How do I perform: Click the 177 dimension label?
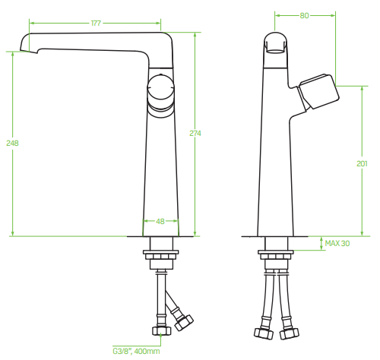[x=96, y=24]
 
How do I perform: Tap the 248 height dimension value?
[x=12, y=144]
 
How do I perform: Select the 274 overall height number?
[x=195, y=133]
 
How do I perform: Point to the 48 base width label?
[x=160, y=222]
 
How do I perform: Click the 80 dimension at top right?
[x=304, y=16]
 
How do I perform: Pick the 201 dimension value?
[x=362, y=164]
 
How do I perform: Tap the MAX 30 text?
[x=337, y=243]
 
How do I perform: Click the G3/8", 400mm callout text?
[x=136, y=352]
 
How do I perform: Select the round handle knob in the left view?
[x=160, y=88]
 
